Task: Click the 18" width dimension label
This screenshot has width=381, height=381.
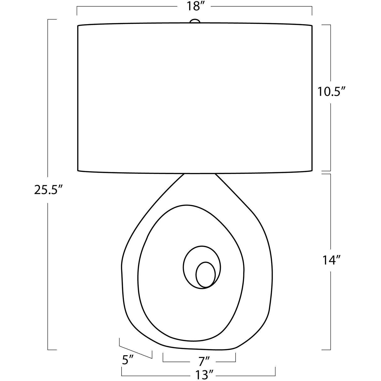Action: pos(194,7)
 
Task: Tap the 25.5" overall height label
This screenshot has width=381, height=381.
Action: pos(48,190)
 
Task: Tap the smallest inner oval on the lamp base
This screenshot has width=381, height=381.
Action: pos(205,274)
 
